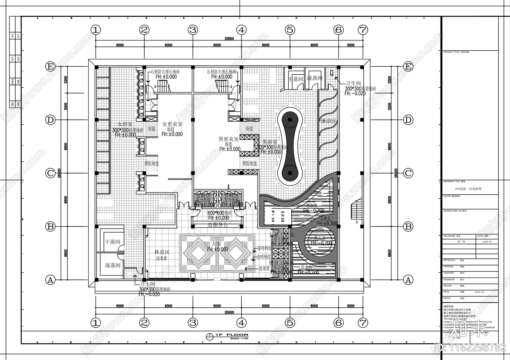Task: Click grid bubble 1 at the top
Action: [96, 30]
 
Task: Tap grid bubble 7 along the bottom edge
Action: [362, 323]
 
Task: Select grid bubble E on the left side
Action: [50, 67]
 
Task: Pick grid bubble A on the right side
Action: [408, 280]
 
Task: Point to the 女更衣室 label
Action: [172, 124]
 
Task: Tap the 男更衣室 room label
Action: [228, 139]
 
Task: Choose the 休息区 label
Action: [162, 252]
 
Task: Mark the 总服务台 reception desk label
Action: [218, 225]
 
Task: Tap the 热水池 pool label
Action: [311, 205]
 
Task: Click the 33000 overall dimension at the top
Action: [229, 39]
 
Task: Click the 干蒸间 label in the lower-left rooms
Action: [113, 242]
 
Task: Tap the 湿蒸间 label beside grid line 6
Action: [314, 78]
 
